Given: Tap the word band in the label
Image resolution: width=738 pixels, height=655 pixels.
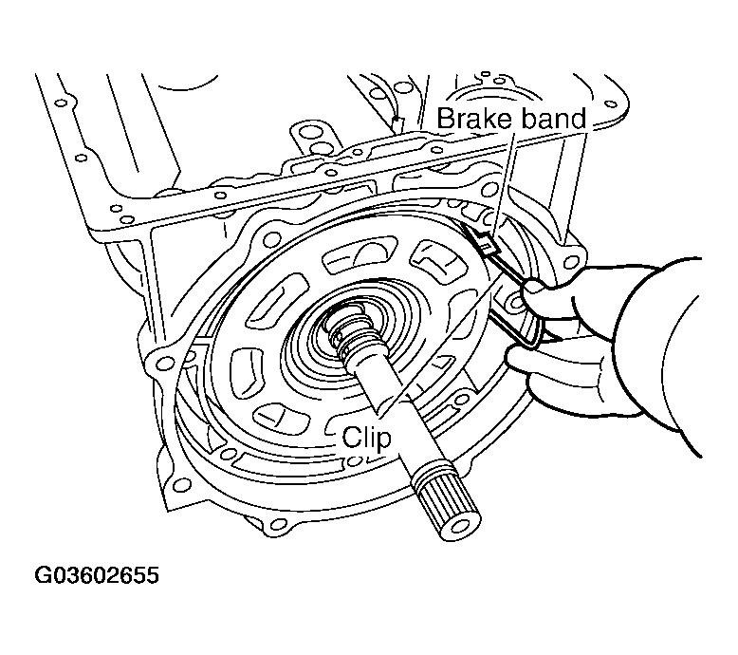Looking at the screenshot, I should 552,120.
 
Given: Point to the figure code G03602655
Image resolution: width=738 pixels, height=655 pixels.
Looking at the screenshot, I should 97,577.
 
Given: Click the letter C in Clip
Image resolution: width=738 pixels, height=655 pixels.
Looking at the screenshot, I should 350,439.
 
